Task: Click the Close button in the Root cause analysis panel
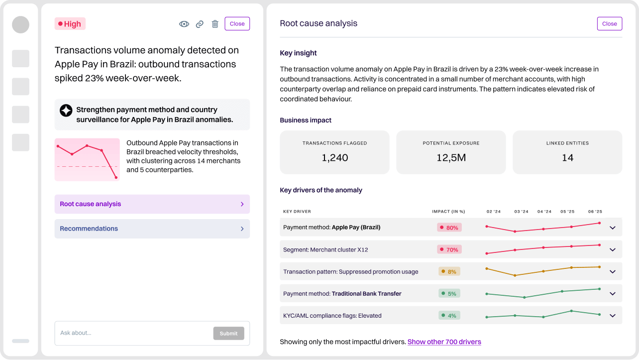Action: [609, 23]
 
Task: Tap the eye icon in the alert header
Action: [184, 24]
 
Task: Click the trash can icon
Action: [215, 24]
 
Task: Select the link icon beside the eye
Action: [200, 24]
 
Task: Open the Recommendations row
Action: [152, 229]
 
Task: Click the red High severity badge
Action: [70, 24]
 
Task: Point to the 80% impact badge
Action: [449, 228]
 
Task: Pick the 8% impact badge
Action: [449, 271]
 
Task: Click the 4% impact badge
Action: [449, 315]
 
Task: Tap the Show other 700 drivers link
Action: [444, 342]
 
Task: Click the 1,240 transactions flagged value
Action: [334, 158]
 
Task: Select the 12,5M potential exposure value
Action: [451, 158]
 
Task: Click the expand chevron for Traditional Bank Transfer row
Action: [613, 294]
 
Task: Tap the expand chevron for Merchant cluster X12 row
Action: [613, 250]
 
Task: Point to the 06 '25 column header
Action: [595, 212]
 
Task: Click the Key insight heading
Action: [298, 53]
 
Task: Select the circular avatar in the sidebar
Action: [20, 25]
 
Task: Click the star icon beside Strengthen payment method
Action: [66, 111]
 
